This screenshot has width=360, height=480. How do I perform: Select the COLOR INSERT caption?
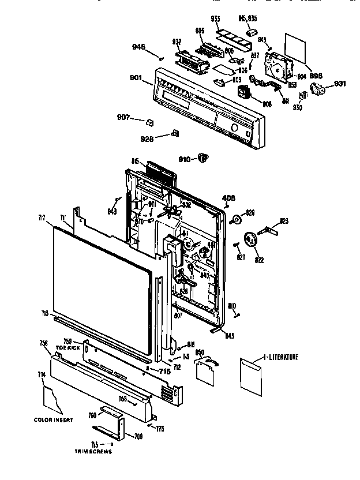pyautogui.click(x=53, y=419)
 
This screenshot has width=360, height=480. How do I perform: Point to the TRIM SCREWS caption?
pyautogui.click(x=92, y=452)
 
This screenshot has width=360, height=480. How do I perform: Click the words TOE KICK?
pyautogui.click(x=68, y=349)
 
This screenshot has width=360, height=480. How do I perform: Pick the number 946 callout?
pyautogui.click(x=139, y=47)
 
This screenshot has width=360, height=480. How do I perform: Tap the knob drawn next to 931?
pyautogui.click(x=317, y=88)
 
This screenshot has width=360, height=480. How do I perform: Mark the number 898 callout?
pyautogui.click(x=316, y=75)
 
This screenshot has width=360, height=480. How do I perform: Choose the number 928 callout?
pyautogui.click(x=147, y=138)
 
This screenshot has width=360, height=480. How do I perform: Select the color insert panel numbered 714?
pyautogui.click(x=52, y=399)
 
